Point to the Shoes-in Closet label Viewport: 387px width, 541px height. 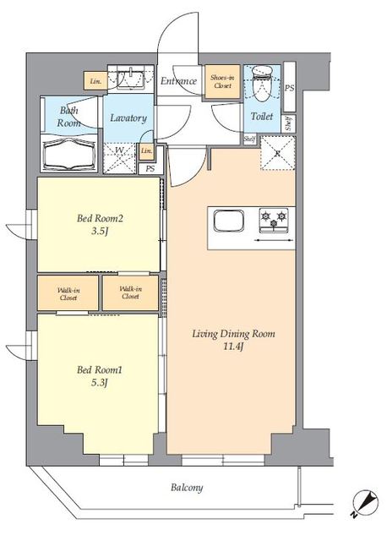[223, 83]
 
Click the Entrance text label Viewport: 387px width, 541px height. [178, 81]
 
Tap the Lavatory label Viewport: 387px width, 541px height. [128, 118]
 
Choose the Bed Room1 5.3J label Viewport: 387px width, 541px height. [95, 375]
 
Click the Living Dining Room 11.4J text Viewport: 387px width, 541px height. [232, 340]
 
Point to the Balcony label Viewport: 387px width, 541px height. [185, 488]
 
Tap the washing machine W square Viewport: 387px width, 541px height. [120, 154]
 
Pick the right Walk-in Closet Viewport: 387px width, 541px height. [129, 292]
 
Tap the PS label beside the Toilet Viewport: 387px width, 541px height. [290, 87]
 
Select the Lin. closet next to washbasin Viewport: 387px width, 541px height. [94, 82]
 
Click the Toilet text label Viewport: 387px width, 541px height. [261, 117]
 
